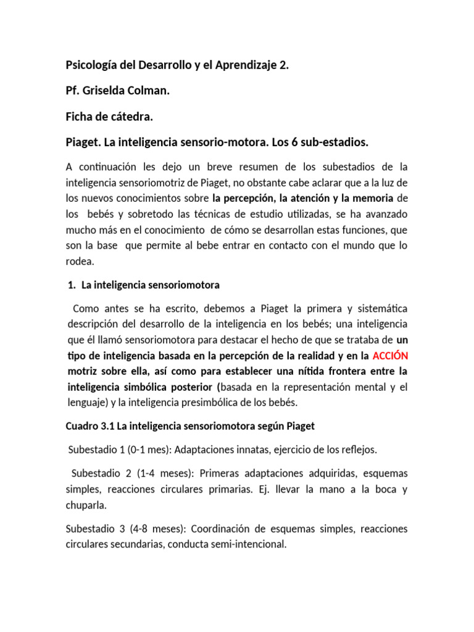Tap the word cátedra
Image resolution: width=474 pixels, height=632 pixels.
[x=129, y=117]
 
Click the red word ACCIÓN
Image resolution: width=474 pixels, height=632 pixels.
[x=390, y=356]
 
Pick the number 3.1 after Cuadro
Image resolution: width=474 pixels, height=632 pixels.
[x=107, y=426]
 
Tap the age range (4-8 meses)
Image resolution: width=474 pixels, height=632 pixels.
[x=156, y=529]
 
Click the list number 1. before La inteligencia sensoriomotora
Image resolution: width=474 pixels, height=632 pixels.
[x=70, y=285]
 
